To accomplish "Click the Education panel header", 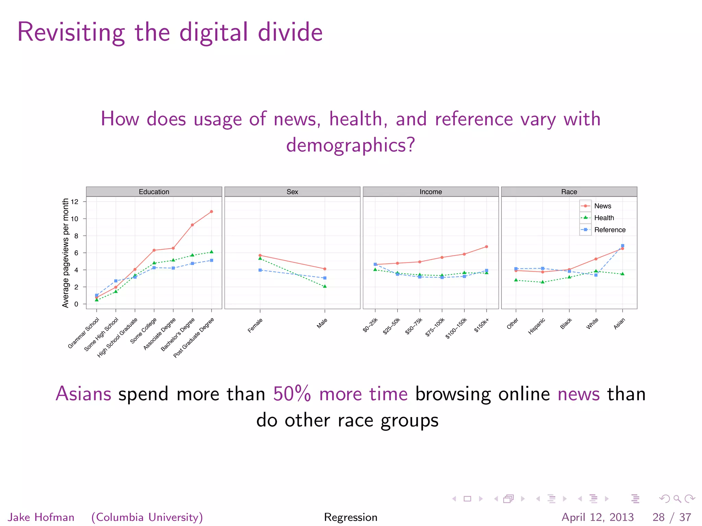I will (x=154, y=192).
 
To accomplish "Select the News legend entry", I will (x=602, y=206).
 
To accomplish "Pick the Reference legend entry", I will (x=609, y=230).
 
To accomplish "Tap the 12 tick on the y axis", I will (x=74, y=202).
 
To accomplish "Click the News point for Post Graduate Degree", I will (x=211, y=212).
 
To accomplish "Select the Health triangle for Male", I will (x=325, y=286).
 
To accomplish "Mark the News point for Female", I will (x=260, y=255).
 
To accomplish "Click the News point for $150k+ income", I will (x=486, y=247).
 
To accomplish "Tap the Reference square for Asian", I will (x=622, y=246).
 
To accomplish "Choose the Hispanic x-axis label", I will (x=536, y=326).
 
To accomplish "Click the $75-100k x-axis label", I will (x=435, y=327).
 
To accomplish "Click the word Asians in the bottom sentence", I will (x=83, y=394).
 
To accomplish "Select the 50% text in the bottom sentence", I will (x=292, y=394).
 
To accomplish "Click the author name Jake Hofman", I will (x=41, y=517).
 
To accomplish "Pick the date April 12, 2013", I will (x=597, y=517).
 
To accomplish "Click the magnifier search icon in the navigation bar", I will (x=677, y=499).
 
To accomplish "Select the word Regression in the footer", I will (x=351, y=517).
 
